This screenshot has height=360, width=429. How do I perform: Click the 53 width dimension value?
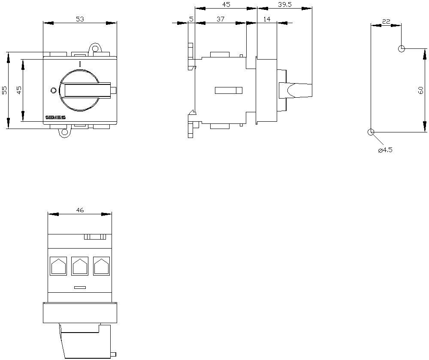point(80,19)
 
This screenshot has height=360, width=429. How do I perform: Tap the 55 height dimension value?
point(4,90)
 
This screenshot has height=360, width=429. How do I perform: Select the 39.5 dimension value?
point(285,5)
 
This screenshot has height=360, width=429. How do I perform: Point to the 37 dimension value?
point(221,19)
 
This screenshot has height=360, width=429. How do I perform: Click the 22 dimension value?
point(386,21)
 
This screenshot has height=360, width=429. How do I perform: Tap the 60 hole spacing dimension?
point(421,90)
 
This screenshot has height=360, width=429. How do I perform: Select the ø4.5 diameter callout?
point(385,150)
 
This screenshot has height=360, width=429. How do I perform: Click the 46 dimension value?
point(80,210)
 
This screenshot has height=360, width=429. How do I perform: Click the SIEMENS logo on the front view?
point(55,117)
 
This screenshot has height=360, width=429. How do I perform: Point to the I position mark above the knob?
point(80,64)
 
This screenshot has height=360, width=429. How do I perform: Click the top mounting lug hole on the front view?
point(95,49)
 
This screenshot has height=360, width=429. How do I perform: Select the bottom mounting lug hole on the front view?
point(65,132)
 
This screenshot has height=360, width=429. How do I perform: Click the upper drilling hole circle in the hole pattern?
point(402,49)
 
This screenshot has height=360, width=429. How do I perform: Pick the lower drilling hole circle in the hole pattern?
point(371,132)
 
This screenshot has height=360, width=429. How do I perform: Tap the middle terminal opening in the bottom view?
point(80,266)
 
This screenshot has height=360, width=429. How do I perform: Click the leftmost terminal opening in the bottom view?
point(58,266)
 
